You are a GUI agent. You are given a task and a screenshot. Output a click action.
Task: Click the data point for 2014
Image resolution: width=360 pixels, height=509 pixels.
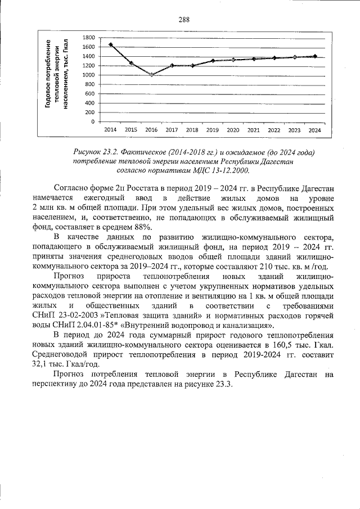(x=111, y=44)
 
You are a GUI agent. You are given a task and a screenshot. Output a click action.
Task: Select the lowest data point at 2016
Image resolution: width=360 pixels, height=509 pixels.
(x=151, y=74)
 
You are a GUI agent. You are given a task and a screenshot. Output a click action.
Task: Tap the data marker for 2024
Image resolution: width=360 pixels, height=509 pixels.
(x=314, y=56)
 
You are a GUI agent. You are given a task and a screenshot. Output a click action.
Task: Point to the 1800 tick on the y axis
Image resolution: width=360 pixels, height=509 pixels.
(x=88, y=37)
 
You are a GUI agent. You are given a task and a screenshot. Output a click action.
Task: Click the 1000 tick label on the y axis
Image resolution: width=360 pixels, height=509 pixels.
(x=88, y=75)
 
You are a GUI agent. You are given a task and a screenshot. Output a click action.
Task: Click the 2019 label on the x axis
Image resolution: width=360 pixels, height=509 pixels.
(x=213, y=129)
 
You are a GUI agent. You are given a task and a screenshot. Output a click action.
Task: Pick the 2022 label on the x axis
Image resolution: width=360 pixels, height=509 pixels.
(x=274, y=129)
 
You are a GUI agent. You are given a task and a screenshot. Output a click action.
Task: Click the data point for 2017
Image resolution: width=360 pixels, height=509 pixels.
(x=172, y=65)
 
